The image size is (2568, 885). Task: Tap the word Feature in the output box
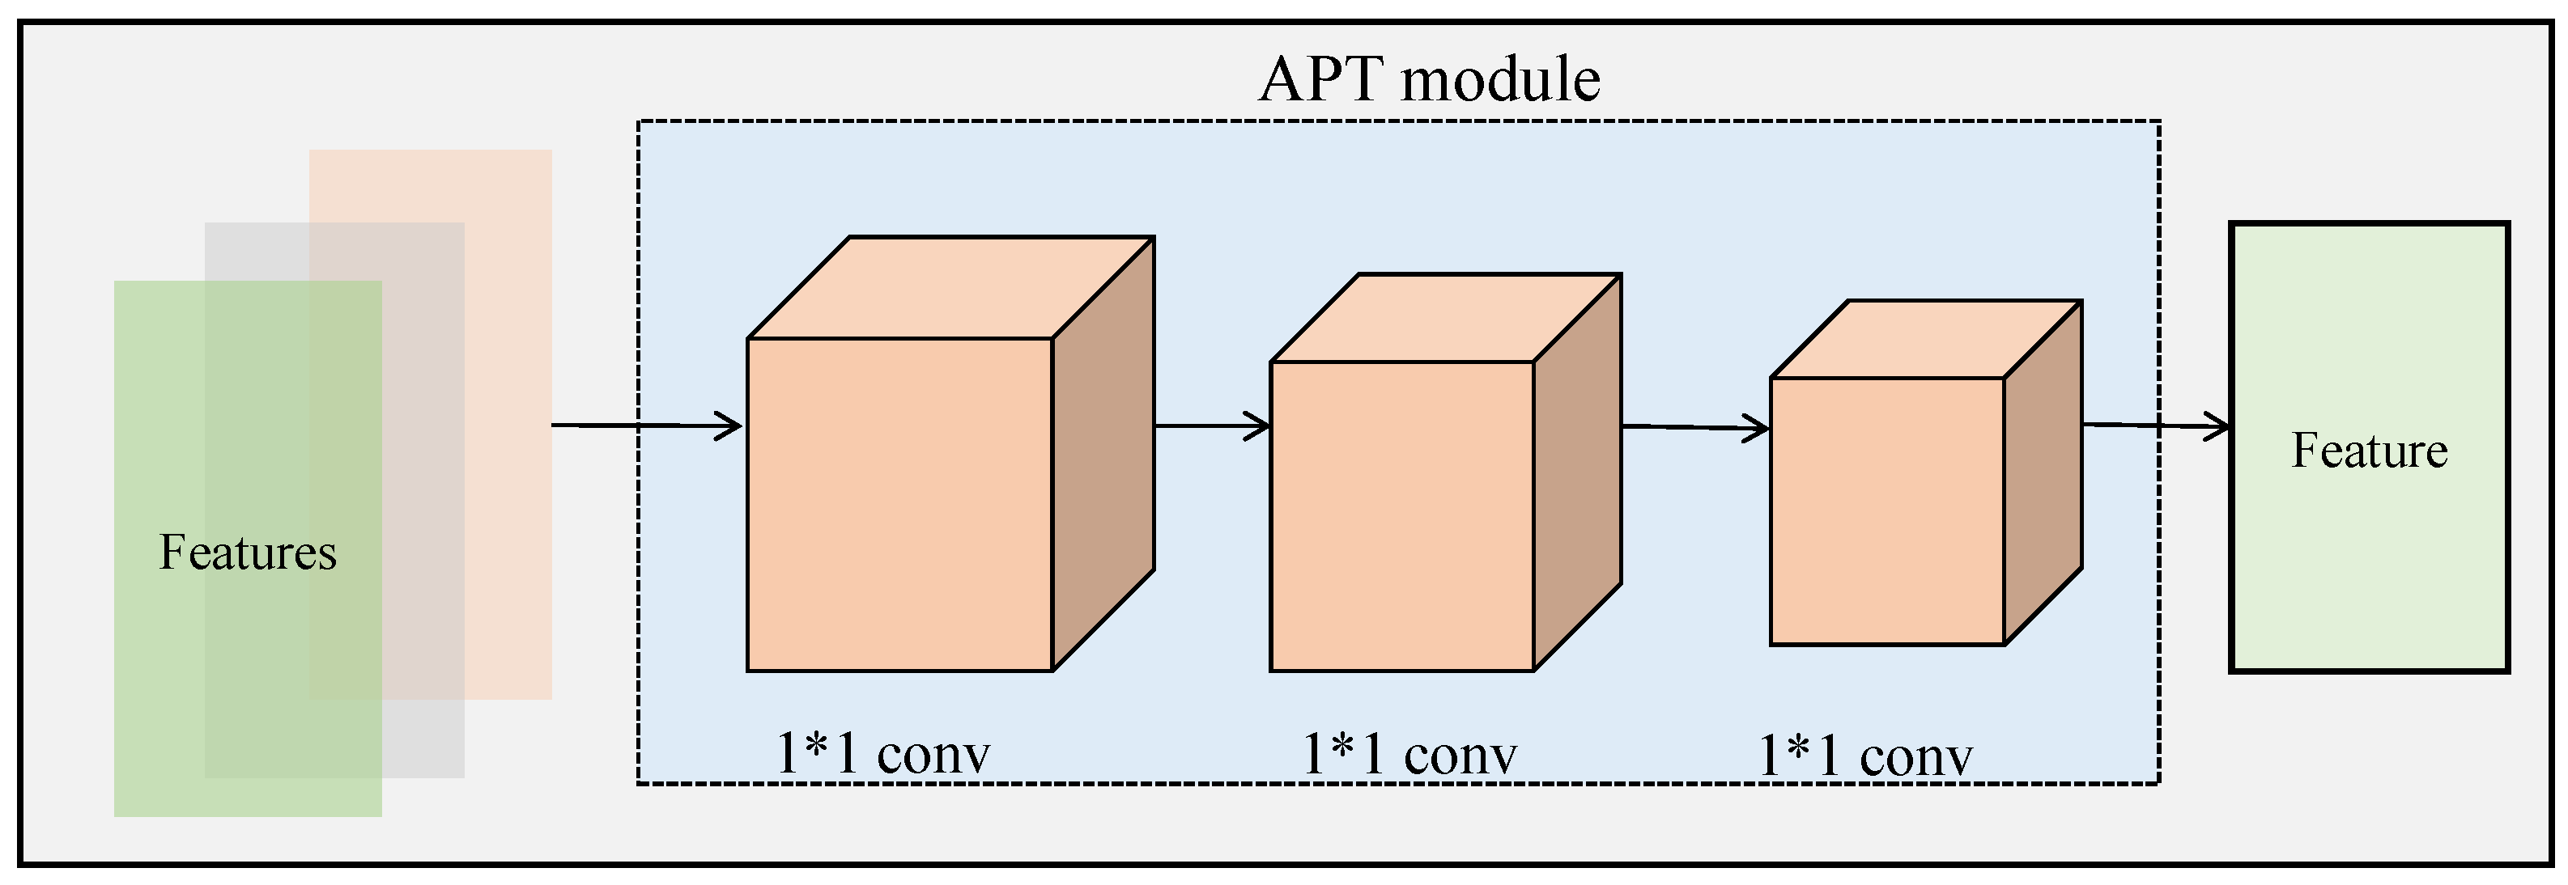[x=2370, y=451]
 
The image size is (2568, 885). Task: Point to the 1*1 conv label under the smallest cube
[x=1864, y=756]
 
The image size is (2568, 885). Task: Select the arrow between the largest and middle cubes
[x=1211, y=426]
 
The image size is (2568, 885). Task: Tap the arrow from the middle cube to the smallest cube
[x=1694, y=429]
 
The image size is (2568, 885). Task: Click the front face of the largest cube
[x=899, y=504]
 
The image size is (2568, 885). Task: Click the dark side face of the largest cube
[x=1103, y=454]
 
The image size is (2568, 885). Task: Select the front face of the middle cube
[x=1401, y=516]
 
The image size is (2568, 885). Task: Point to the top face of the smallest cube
[x=1926, y=339]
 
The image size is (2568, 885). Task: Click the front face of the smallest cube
[x=1886, y=511]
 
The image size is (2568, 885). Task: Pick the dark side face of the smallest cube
[x=2043, y=472]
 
